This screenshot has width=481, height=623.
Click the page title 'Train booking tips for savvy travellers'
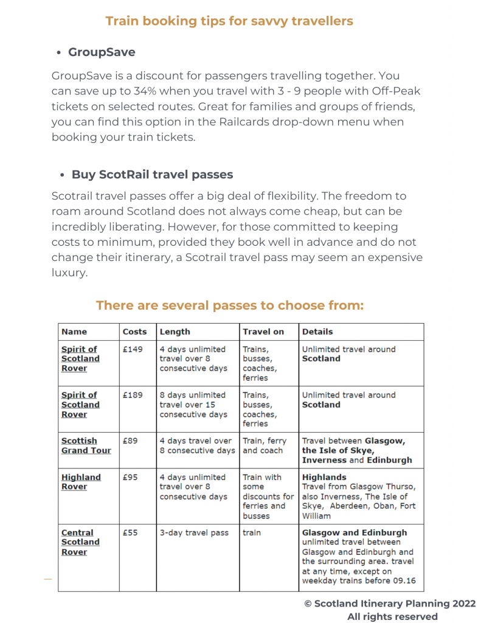tap(229, 21)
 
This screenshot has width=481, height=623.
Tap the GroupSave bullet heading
tap(102, 52)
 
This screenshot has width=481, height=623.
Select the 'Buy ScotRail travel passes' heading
tap(152, 175)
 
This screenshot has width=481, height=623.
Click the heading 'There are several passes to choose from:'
tap(229, 305)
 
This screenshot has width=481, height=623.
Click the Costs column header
tap(134, 332)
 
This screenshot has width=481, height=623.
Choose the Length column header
tap(175, 332)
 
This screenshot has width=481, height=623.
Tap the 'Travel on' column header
tap(263, 332)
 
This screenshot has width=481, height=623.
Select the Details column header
tap(317, 332)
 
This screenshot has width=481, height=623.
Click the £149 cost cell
tap(133, 349)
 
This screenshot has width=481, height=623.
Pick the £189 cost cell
tap(133, 395)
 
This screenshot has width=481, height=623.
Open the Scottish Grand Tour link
tap(86, 445)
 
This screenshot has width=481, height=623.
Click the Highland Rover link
tap(81, 482)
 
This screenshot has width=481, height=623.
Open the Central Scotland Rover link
tap(80, 542)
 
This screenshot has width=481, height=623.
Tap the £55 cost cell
tap(130, 532)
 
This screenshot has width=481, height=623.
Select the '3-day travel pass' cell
tap(194, 532)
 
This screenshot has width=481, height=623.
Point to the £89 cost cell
tap(130, 440)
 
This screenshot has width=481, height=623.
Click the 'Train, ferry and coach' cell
tap(263, 445)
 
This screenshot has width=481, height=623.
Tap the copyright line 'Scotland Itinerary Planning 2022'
tap(390, 604)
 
